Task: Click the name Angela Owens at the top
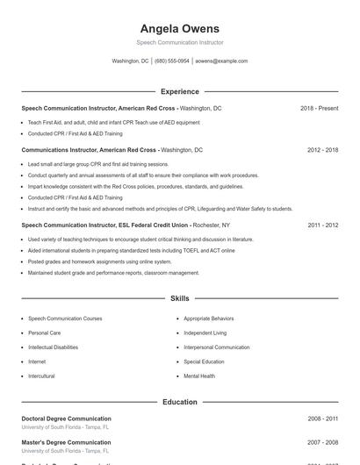(x=179, y=29)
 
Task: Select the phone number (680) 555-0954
(x=171, y=61)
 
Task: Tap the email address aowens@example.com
(x=221, y=61)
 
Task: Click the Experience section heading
(x=179, y=91)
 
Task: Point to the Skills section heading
(x=179, y=298)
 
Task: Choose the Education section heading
(x=179, y=402)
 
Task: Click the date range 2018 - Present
(x=319, y=108)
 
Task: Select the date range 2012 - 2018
(x=322, y=150)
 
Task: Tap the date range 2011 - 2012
(x=322, y=225)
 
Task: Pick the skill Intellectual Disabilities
(x=53, y=347)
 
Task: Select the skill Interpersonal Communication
(x=216, y=347)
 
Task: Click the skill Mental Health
(x=199, y=376)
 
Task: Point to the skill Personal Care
(x=44, y=333)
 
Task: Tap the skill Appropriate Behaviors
(x=209, y=318)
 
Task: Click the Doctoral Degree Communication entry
(x=66, y=418)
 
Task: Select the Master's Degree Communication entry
(x=66, y=442)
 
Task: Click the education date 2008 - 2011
(x=322, y=419)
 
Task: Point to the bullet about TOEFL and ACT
(x=132, y=250)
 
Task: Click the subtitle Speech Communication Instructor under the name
(x=179, y=42)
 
